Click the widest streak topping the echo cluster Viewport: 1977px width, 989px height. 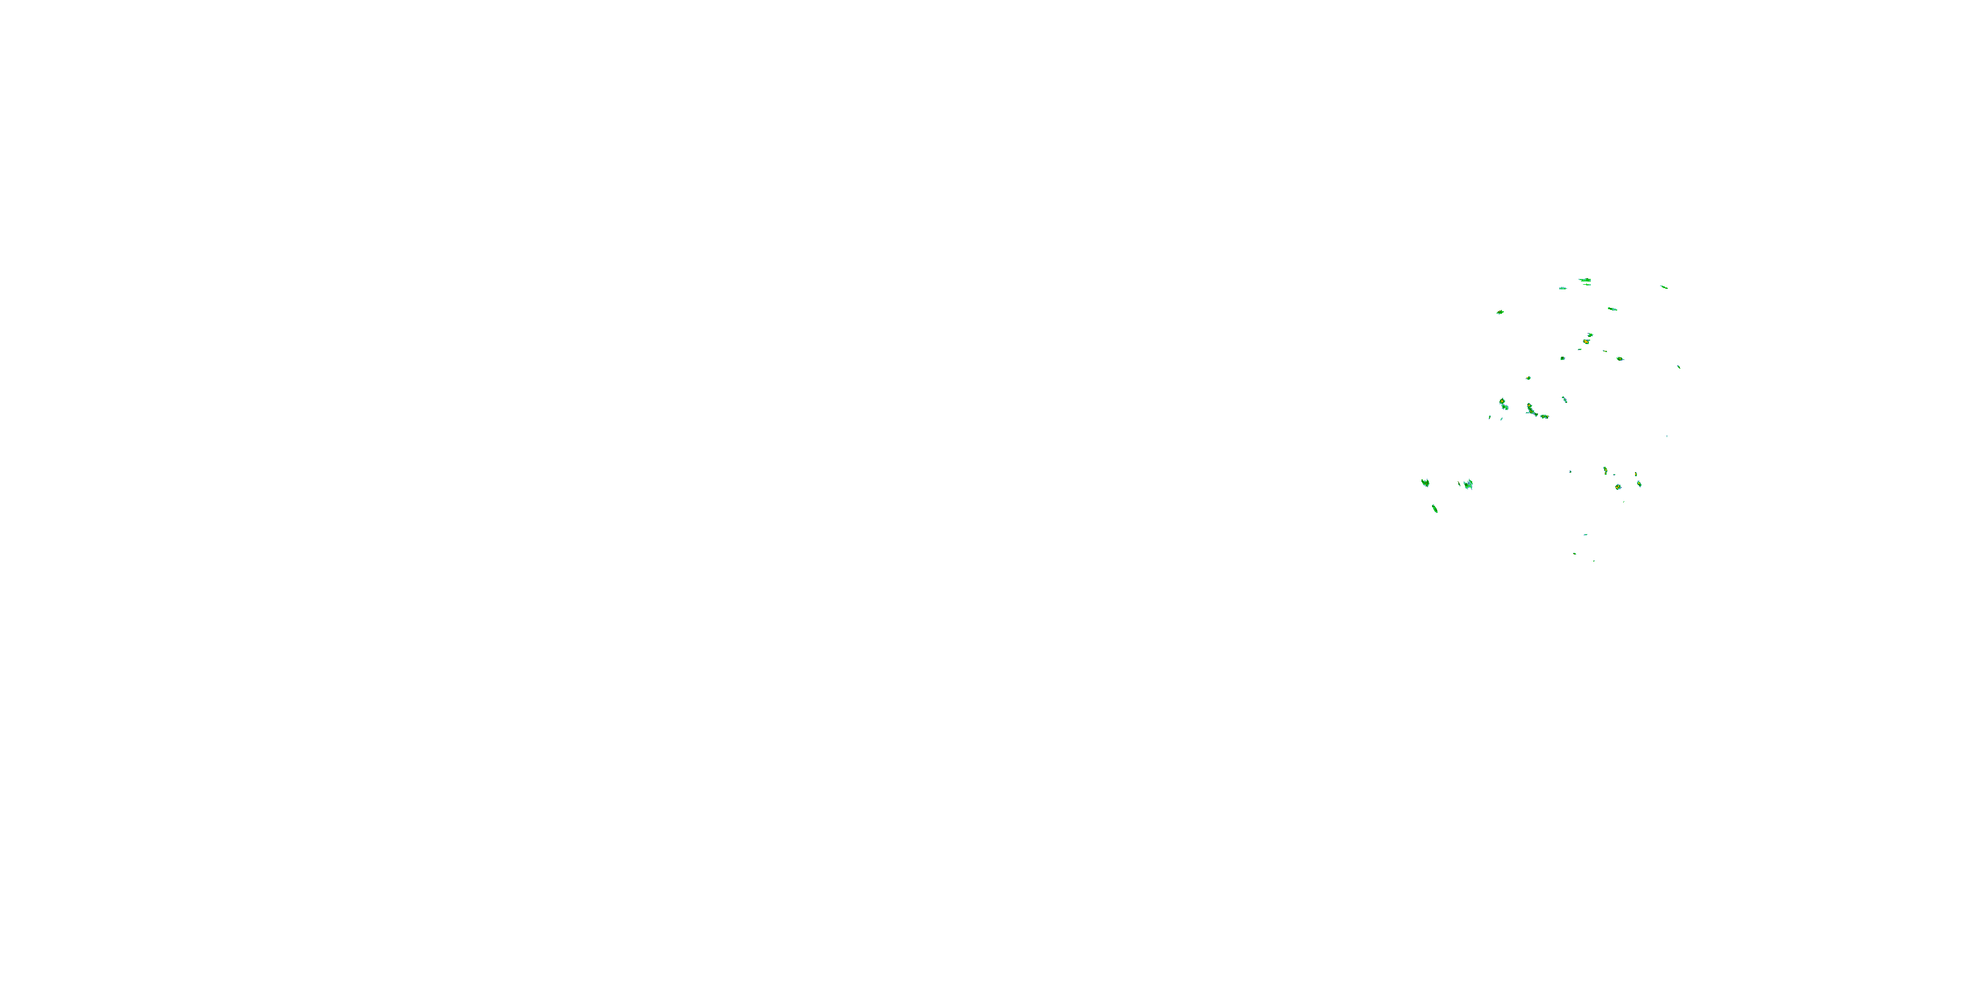point(1585,280)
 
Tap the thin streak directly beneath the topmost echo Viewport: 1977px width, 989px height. point(1586,285)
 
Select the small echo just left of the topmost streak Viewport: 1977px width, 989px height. point(1562,288)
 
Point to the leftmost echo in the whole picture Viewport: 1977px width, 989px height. point(1425,482)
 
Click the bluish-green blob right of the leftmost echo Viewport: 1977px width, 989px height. point(1468,484)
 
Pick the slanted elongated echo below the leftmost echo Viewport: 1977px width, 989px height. point(1435,508)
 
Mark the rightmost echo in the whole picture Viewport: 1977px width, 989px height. point(1678,367)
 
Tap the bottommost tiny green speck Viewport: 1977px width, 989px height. point(1593,561)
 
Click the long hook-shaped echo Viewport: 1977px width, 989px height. point(1530,409)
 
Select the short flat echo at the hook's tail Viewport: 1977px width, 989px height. point(1544,416)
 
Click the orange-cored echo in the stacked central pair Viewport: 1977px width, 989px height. point(1586,341)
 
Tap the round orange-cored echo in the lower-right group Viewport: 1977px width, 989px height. point(1618,487)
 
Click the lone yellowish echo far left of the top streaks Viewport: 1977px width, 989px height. point(1501,313)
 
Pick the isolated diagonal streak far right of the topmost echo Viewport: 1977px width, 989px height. point(1663,287)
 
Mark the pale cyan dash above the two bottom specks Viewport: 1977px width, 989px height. point(1586,535)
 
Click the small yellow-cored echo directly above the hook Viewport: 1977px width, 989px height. point(1528,378)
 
